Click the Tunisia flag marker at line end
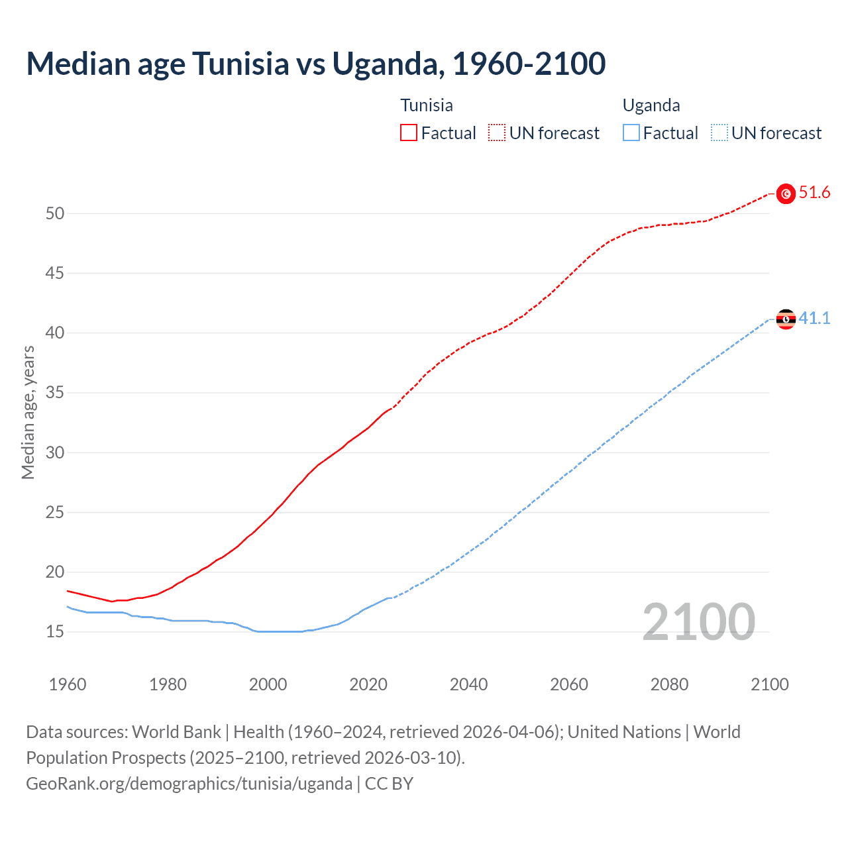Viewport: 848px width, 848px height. [x=786, y=193]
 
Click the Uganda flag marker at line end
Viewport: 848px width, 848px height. [x=786, y=319]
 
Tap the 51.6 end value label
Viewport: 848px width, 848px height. [x=814, y=193]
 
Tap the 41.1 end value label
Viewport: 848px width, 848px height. [x=814, y=319]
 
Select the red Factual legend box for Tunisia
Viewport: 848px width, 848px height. [x=409, y=133]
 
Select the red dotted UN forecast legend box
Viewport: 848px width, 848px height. [x=497, y=133]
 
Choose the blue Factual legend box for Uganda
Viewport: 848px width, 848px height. [x=631, y=133]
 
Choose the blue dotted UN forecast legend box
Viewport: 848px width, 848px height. [x=719, y=133]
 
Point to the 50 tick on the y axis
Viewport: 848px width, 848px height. [x=55, y=213]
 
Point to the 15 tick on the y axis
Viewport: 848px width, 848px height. [x=55, y=632]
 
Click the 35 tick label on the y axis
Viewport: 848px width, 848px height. [x=55, y=393]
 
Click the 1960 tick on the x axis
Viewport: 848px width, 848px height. [x=68, y=684]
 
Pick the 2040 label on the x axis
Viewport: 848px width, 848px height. [x=468, y=684]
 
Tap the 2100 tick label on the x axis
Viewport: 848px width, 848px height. [x=769, y=684]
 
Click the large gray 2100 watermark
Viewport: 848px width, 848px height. [x=698, y=622]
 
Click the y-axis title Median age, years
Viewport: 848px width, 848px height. [x=28, y=412]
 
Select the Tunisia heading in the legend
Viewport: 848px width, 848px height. [x=427, y=105]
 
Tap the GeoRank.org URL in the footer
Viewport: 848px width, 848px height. [x=189, y=784]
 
